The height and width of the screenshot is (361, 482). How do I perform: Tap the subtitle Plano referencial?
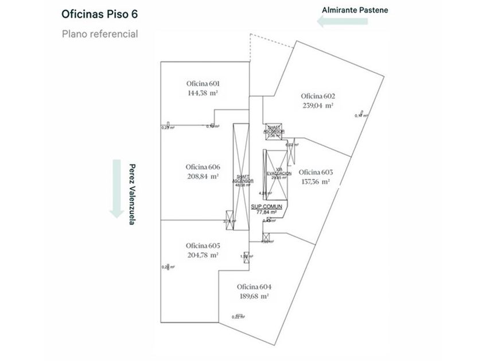(100, 33)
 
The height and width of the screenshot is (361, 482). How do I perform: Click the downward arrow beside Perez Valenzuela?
(117, 189)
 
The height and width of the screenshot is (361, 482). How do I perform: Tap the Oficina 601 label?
(204, 83)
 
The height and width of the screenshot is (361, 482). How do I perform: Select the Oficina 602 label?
(317, 96)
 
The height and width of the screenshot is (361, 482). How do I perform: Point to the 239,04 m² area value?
(318, 105)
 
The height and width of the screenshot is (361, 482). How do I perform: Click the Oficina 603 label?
(316, 172)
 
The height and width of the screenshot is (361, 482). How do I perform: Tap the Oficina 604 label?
(254, 287)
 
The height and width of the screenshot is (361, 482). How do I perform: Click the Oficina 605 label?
(203, 245)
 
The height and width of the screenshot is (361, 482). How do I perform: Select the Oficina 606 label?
(203, 167)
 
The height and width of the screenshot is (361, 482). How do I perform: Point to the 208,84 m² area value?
(203, 176)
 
